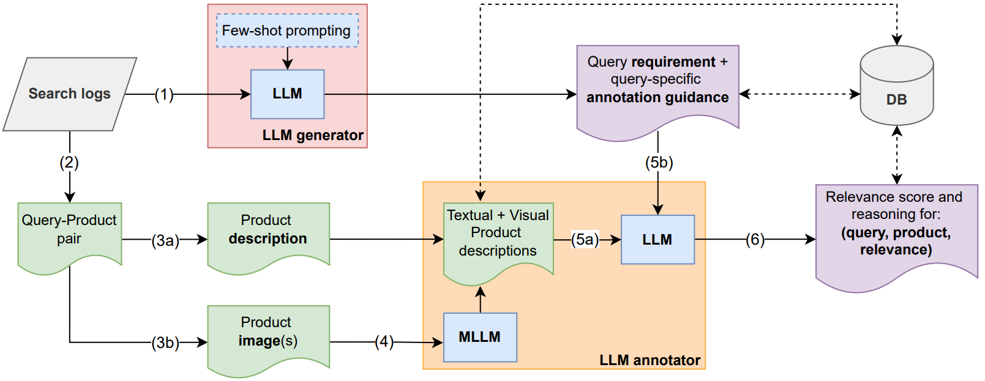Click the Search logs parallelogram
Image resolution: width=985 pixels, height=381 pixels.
[69, 94]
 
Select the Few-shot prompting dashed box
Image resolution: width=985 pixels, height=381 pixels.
[287, 31]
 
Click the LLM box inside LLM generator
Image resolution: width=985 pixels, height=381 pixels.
[287, 94]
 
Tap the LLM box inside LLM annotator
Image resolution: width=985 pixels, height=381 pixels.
[657, 240]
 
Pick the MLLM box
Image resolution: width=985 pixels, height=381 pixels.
[480, 337]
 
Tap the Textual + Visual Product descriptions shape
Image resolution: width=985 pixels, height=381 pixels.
[498, 235]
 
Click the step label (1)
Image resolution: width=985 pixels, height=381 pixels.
[164, 95]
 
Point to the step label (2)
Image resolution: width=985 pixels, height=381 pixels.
[69, 163]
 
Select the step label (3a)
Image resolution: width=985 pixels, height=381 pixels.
[165, 241]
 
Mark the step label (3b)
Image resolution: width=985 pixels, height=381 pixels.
[165, 343]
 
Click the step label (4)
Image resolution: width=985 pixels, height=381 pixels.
[384, 342]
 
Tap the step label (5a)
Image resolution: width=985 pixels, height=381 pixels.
[585, 240]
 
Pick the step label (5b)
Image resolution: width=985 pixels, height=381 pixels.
[659, 163]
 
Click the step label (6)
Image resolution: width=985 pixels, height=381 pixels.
[755, 240]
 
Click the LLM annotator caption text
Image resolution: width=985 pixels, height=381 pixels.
[650, 360]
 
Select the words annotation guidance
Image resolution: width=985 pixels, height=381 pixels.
[657, 98]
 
